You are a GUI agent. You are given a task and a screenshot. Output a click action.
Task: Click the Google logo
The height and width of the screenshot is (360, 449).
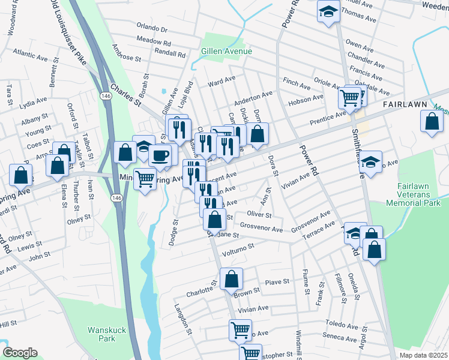(20, 353)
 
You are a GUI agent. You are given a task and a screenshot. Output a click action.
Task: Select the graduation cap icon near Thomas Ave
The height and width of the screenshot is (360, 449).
(328, 11)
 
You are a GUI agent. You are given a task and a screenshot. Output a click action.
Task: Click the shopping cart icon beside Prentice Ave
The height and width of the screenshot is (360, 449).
(351, 97)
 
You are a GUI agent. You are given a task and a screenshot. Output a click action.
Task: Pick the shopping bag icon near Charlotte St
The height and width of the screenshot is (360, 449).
(231, 278)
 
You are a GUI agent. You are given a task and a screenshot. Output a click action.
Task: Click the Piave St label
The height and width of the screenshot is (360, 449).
(277, 281)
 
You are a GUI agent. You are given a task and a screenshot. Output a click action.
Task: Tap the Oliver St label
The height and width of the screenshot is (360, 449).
(259, 215)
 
